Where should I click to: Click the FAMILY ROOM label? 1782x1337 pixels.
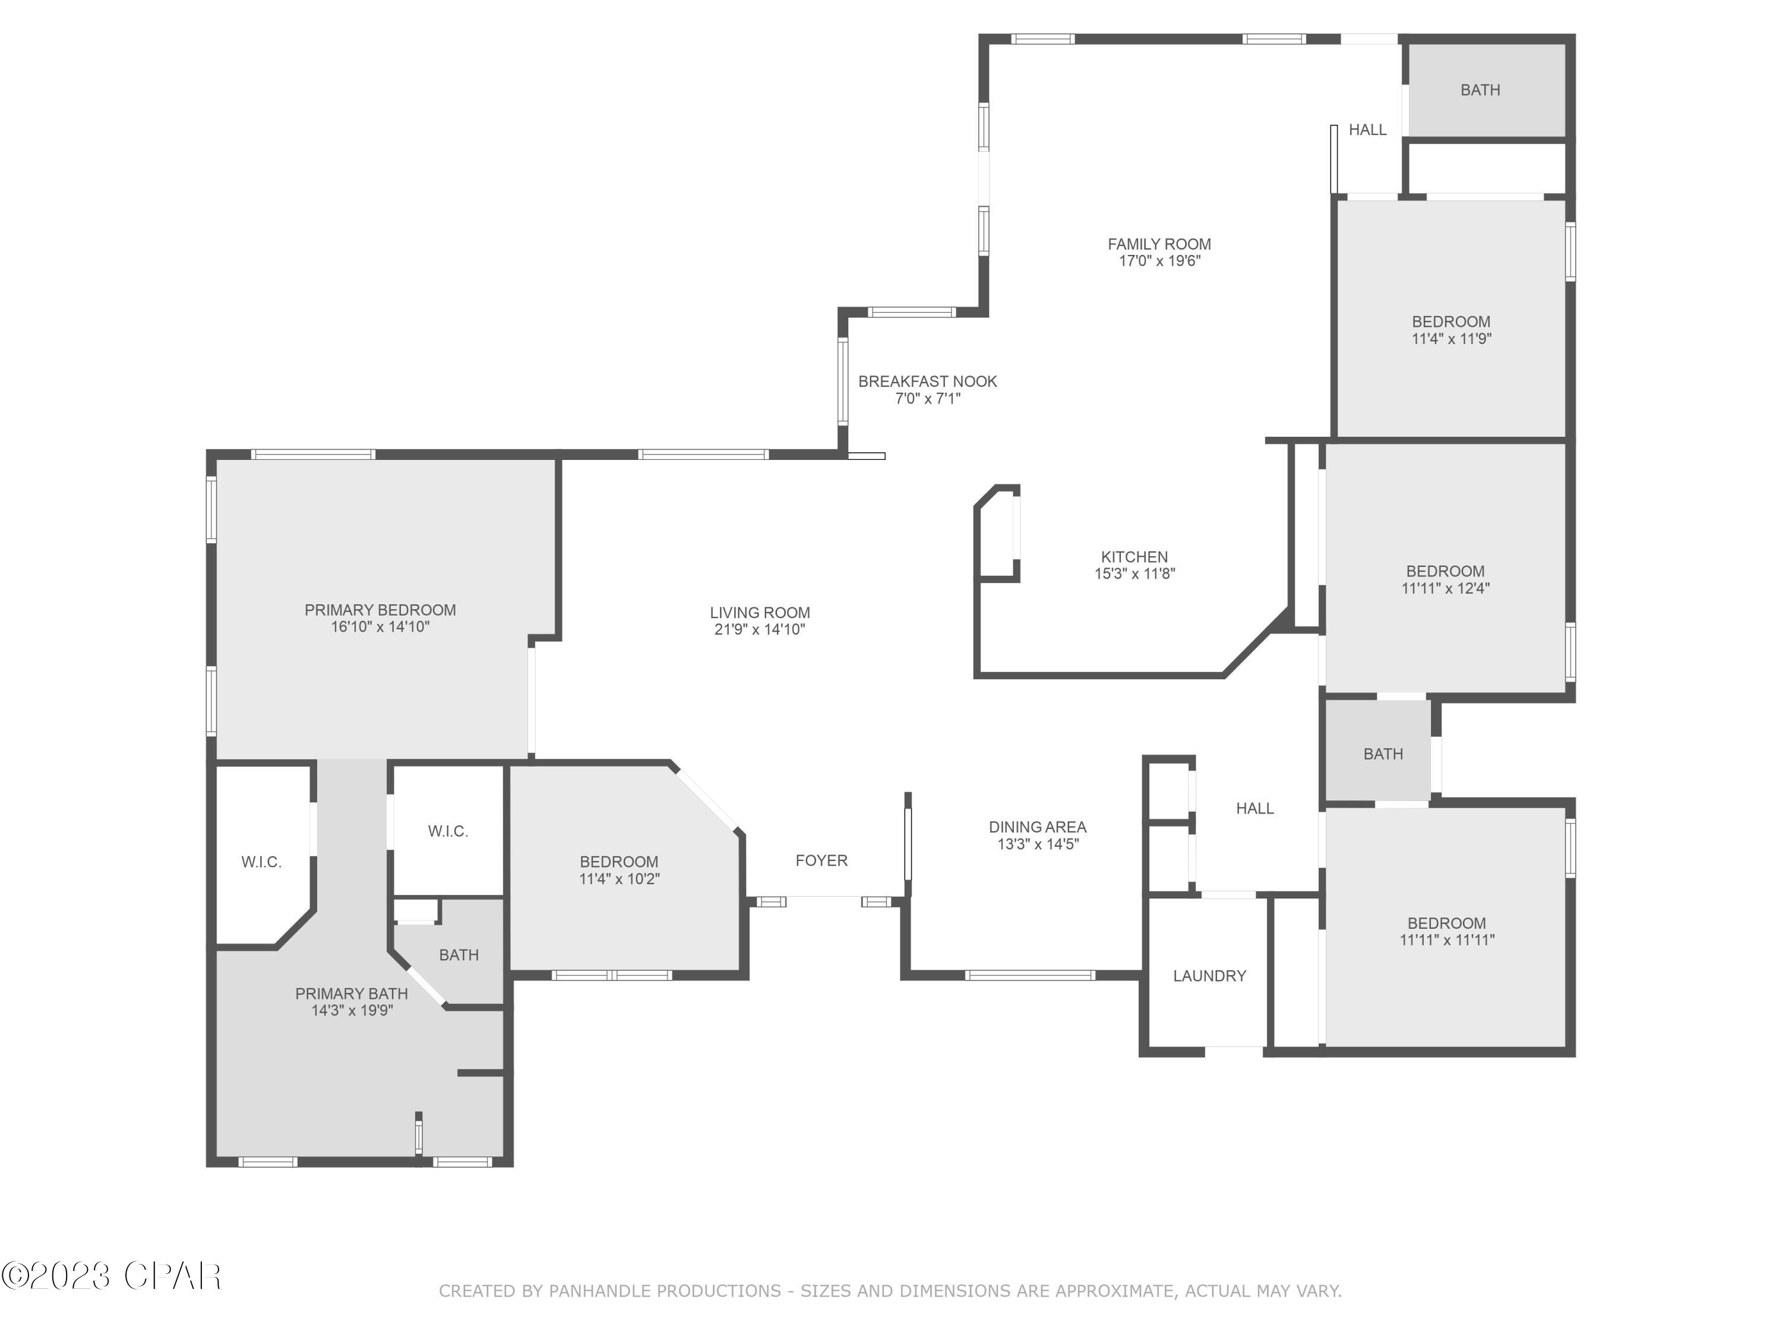pos(1158,244)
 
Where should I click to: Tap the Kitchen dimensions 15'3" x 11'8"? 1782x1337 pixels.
pos(1135,574)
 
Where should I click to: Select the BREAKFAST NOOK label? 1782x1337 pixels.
pos(927,381)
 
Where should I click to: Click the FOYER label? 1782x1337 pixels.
pos(821,860)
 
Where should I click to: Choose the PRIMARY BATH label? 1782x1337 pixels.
pos(351,994)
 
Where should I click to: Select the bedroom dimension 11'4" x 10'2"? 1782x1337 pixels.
pos(619,879)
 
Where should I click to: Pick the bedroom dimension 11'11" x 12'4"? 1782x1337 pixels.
pos(1445,588)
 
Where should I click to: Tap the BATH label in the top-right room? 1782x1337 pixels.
pos(1480,90)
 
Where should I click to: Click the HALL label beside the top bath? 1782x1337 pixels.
pos(1367,130)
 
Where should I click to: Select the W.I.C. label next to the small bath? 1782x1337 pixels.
pos(448,831)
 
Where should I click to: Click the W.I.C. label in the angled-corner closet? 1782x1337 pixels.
pos(261,862)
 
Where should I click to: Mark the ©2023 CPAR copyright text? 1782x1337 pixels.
pos(111,1276)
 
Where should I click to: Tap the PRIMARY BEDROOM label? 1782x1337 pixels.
pos(380,610)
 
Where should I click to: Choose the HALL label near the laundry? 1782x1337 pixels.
pos(1255,808)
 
